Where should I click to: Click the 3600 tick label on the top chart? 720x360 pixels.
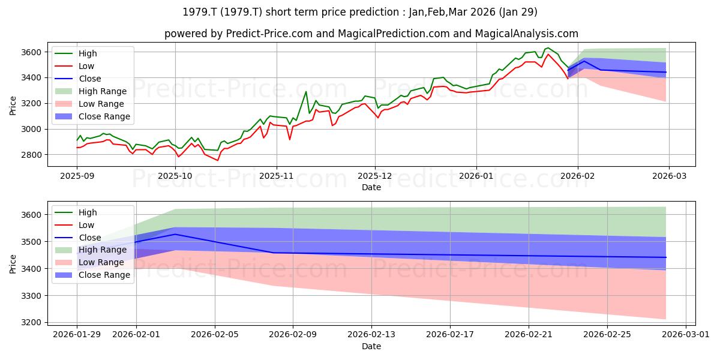pos(31,52)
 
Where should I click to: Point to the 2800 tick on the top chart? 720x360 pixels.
pos(31,155)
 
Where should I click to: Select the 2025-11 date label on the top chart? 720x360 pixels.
pos(277,176)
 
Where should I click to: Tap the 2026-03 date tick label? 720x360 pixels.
pos(669,176)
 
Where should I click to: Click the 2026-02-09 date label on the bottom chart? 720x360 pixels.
pos(293,334)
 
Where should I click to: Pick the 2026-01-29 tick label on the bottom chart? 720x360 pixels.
pos(77,334)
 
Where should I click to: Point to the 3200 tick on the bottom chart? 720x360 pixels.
pos(31,322)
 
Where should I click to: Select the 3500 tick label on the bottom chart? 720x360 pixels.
pos(31,242)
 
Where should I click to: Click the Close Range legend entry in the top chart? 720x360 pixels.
pos(92,116)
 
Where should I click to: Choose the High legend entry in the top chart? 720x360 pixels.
pos(76,53)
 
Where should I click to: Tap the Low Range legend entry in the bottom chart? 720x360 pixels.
pos(89,262)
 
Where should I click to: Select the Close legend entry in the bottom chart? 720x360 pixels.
pos(78,238)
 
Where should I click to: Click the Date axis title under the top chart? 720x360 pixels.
pos(371,187)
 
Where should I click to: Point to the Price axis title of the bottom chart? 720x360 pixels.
pos(13,264)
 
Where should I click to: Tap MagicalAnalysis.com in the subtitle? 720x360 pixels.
pos(527,34)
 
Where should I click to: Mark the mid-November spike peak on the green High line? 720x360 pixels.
pos(305,92)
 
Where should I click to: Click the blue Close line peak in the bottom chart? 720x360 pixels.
pos(175,234)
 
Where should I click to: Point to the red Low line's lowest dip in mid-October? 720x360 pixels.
pos(218,160)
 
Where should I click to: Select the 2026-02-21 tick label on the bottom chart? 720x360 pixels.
pos(529,334)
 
